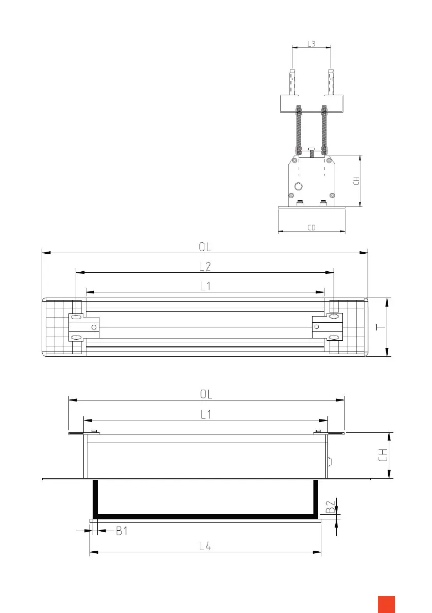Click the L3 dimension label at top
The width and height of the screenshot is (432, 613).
point(312,44)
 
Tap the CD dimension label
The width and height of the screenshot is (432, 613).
point(311,227)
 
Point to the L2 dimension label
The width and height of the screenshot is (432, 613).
point(205,267)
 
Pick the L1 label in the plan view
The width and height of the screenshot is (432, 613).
point(205,287)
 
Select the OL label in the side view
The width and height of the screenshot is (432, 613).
point(206,394)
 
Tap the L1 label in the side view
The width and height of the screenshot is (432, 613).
point(206,414)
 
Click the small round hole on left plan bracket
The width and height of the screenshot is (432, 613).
point(94,327)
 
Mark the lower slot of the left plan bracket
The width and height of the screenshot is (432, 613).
point(76,338)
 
